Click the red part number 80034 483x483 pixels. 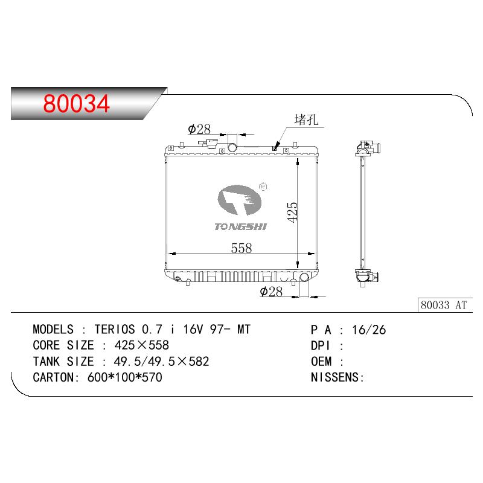[76, 103]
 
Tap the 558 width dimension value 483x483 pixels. [241, 248]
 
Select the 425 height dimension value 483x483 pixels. [292, 213]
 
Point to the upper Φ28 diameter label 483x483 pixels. [199, 129]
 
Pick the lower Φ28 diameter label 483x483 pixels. [271, 292]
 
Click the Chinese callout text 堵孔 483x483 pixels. [306, 120]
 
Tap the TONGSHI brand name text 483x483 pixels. [240, 227]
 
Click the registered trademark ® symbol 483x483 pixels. [263, 187]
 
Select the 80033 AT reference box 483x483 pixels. [445, 305]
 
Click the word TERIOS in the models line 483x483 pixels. [115, 329]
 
